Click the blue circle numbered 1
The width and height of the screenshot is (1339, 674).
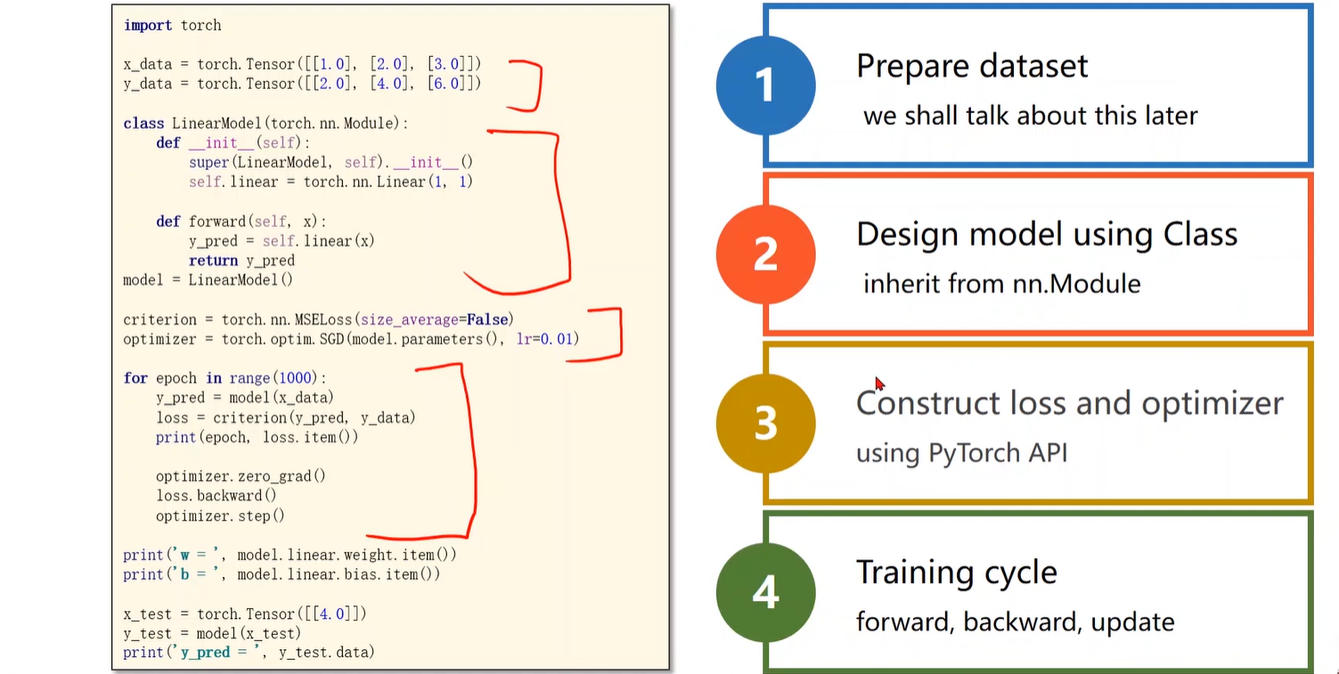pyautogui.click(x=765, y=85)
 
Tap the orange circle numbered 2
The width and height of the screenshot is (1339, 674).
pyautogui.click(x=765, y=254)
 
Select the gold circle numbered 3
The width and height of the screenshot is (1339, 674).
pyautogui.click(x=765, y=424)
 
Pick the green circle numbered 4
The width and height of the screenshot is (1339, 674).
pyautogui.click(x=765, y=592)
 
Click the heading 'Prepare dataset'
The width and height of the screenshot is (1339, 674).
pyautogui.click(x=972, y=66)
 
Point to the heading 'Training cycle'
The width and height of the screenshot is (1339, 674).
pyautogui.click(x=956, y=572)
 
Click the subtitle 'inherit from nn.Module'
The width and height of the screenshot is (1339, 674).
pyautogui.click(x=1001, y=284)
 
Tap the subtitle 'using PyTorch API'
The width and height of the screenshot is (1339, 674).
pyautogui.click(x=961, y=453)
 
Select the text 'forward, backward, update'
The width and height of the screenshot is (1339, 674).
pyautogui.click(x=1015, y=621)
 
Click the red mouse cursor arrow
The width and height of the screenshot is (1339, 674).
pyautogui.click(x=879, y=384)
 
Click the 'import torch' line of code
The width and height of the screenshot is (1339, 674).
pyautogui.click(x=172, y=25)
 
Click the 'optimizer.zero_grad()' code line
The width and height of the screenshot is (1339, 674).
pyautogui.click(x=241, y=476)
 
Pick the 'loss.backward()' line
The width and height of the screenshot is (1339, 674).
pyautogui.click(x=216, y=496)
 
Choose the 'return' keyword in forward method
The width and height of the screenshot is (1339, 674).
pyautogui.click(x=213, y=261)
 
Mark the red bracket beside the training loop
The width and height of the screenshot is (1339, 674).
pyautogui.click(x=469, y=454)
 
